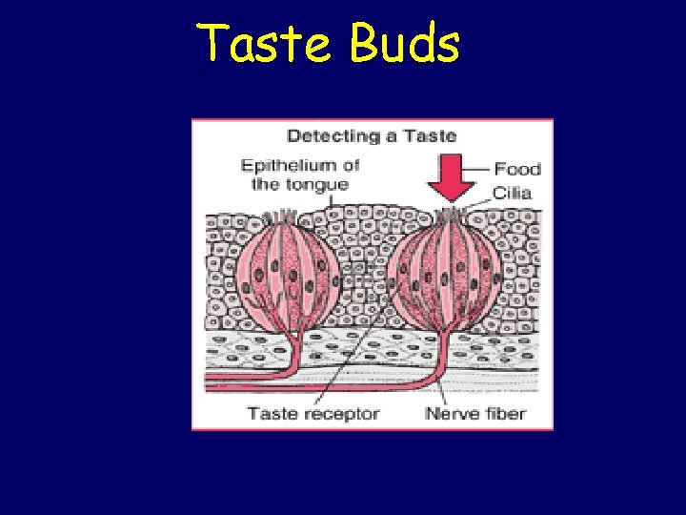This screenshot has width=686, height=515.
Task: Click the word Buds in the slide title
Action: click(405, 43)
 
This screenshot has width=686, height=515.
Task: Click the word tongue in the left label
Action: click(320, 183)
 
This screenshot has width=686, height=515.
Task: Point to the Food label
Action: click(517, 169)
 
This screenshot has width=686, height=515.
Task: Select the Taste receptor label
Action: click(313, 413)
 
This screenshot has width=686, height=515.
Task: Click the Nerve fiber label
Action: click(475, 413)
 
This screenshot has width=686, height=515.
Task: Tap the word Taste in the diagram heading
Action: click(429, 135)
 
